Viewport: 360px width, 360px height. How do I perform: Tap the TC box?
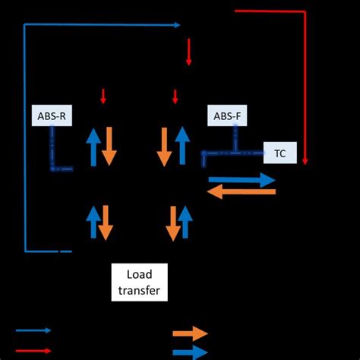[280, 153]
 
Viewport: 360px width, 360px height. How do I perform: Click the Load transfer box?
[139, 282]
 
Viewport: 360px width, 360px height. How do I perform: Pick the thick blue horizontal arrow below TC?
[242, 180]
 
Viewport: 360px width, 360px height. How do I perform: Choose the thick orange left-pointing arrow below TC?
[242, 192]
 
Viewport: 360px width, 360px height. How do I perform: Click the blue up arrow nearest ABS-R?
[93, 147]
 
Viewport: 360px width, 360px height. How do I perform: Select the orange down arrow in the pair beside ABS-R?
[109, 147]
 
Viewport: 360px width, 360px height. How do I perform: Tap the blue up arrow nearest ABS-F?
[182, 147]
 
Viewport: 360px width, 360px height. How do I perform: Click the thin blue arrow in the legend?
[33, 330]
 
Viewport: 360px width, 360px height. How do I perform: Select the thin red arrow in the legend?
[33, 350]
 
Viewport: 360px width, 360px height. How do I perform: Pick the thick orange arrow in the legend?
[190, 333]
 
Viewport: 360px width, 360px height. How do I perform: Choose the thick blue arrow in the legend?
[190, 352]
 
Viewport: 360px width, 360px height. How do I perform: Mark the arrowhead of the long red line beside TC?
[305, 160]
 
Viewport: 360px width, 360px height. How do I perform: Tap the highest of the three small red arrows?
[188, 53]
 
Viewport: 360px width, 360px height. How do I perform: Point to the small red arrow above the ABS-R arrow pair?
[104, 96]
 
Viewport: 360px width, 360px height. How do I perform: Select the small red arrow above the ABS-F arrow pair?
[175, 96]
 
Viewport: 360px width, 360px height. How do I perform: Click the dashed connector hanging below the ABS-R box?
[53, 148]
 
